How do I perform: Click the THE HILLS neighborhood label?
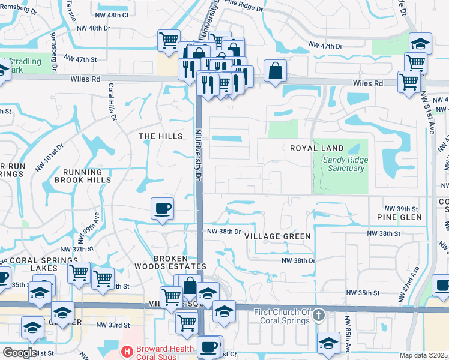161,136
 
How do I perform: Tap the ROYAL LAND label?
316,148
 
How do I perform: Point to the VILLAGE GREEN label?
278,236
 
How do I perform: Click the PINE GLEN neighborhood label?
397,217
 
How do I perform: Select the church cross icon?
319,314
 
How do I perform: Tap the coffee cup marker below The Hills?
162,209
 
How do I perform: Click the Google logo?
19,353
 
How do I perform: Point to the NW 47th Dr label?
325,46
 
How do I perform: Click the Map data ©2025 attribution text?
424,355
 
